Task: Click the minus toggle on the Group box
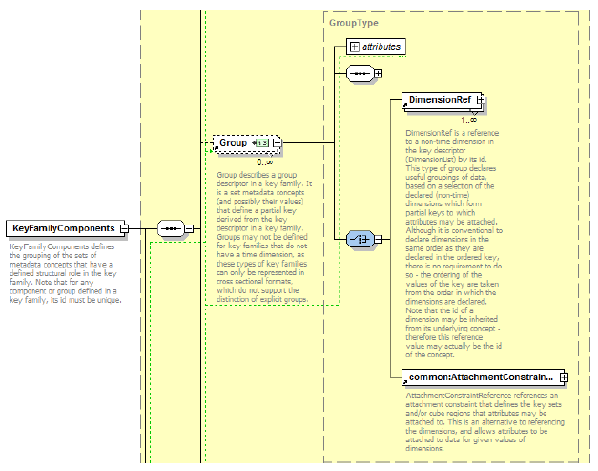tap(277, 143)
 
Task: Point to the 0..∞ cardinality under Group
tap(264, 161)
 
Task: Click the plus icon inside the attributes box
tap(354, 45)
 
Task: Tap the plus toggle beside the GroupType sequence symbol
tap(378, 73)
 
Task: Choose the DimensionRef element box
tap(440, 99)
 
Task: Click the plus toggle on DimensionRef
tap(481, 99)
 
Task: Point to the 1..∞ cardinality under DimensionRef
tap(468, 119)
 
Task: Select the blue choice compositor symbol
tap(359, 239)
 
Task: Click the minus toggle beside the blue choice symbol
tap(378, 239)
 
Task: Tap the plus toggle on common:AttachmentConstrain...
tap(564, 377)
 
